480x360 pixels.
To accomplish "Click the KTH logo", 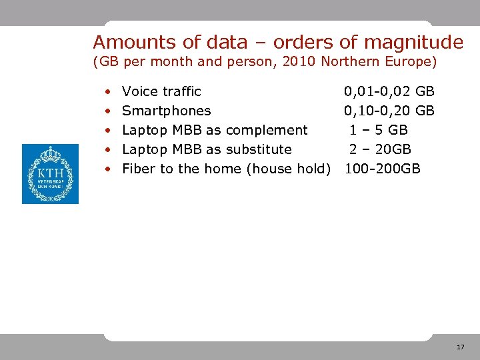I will [50, 174].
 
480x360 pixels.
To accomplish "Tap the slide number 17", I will [461, 347].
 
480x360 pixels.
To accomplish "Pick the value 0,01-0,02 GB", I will [389, 91].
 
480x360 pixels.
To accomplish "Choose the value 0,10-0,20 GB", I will [389, 111].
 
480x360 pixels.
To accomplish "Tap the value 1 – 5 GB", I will [379, 130].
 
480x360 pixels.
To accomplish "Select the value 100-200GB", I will [383, 169].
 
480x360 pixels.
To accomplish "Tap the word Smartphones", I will [167, 111].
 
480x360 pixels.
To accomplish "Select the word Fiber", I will [138, 169].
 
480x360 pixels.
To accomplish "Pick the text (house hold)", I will [289, 169].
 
